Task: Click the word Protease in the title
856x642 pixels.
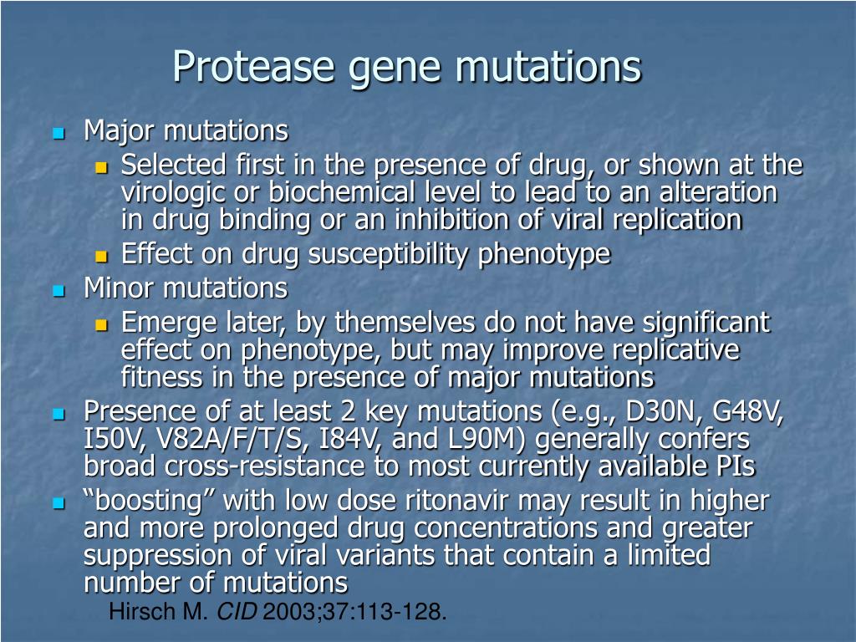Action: [x=252, y=67]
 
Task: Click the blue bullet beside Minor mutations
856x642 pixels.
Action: [x=59, y=290]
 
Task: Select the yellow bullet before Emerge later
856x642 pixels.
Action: [x=101, y=325]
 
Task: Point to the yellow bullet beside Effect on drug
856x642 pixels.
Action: [x=101, y=256]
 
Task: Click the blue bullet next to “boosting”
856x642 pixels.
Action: [x=59, y=502]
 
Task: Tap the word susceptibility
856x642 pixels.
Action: [x=388, y=255]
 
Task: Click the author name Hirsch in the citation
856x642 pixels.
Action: [x=144, y=611]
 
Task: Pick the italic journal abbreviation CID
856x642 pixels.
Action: [x=237, y=611]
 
